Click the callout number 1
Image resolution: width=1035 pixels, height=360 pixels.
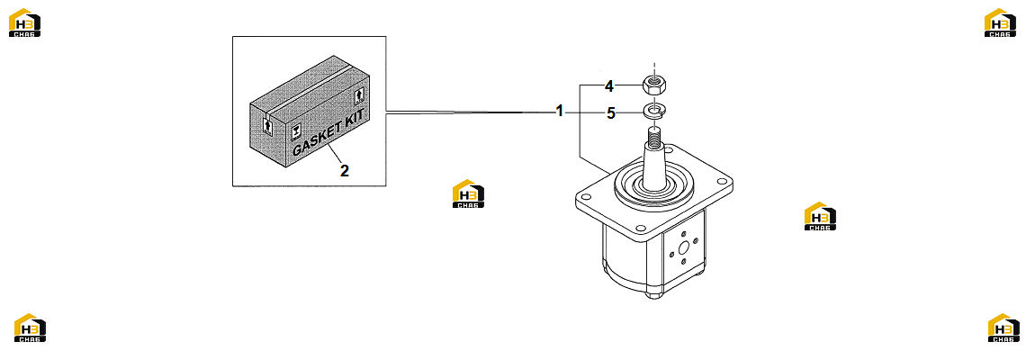[x=560, y=111]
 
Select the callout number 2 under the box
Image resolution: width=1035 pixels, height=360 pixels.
[x=345, y=170]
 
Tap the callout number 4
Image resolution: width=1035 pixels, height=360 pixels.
[x=609, y=85]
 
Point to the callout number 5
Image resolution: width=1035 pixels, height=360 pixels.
[x=611, y=113]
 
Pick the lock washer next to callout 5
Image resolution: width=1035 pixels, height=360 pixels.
[x=654, y=112]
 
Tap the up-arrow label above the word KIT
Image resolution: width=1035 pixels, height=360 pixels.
[x=361, y=94]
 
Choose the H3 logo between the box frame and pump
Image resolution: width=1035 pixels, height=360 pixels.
[x=468, y=193]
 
